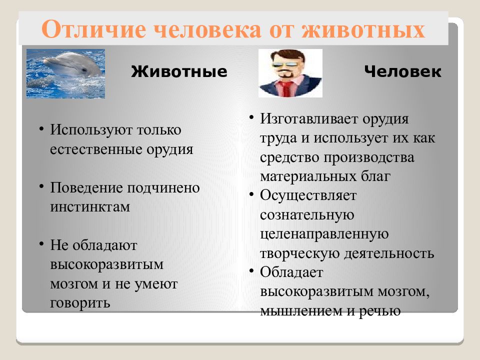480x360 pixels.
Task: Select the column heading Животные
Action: coord(179,71)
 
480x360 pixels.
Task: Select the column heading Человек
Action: coord(402,71)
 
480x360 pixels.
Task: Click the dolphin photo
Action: coord(65,73)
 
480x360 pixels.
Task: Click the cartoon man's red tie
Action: coord(285,88)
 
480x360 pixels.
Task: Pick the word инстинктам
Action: coord(90,207)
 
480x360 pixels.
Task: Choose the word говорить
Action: coord(80,303)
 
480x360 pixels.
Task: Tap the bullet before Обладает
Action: coord(251,270)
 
